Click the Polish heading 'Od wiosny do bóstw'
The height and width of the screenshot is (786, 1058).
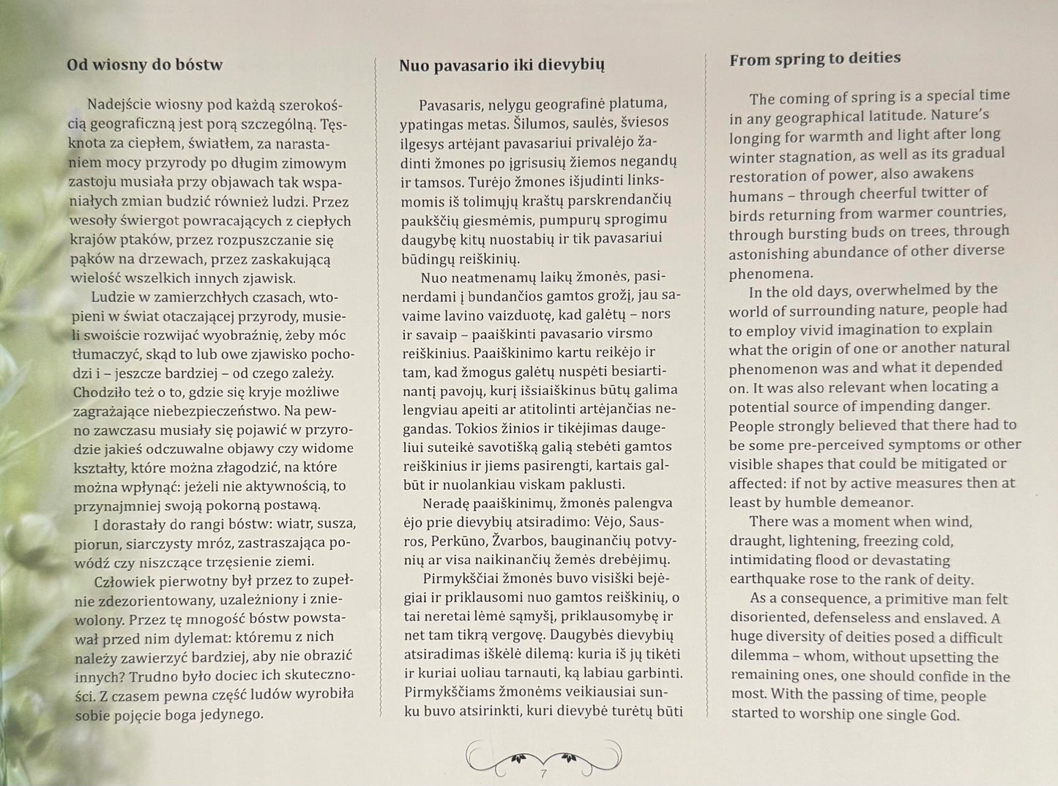click(144, 64)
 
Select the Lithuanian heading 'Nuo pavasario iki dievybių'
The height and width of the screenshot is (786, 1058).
click(502, 65)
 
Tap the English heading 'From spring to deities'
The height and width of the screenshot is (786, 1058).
click(815, 59)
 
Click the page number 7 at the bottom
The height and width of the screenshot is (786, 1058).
click(543, 773)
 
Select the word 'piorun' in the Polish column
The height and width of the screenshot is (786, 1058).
click(94, 544)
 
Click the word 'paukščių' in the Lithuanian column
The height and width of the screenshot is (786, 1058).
click(426, 219)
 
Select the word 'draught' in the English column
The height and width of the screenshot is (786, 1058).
click(755, 541)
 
